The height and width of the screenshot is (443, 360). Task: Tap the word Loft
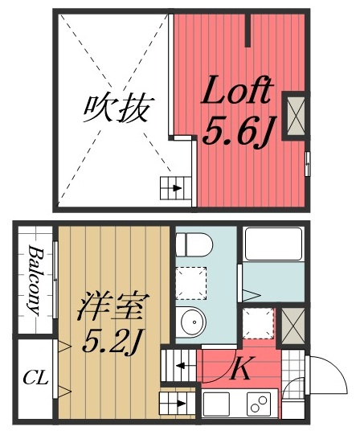pyautogui.click(x=237, y=93)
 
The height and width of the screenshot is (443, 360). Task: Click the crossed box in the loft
pyautogui.click(x=294, y=114)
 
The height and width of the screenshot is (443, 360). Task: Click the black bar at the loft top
pyautogui.click(x=249, y=28)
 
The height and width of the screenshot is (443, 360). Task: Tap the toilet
pyautogui.click(x=192, y=244)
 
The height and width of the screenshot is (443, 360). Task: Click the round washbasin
pyautogui.click(x=193, y=322)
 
